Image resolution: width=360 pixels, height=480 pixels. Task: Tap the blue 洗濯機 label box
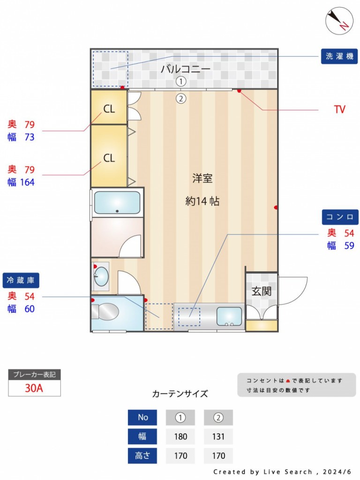pos(339,56)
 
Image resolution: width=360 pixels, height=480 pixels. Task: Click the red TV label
pos(339,109)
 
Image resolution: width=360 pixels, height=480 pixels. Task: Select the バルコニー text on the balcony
pos(186,68)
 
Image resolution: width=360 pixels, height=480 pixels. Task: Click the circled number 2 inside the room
pos(181,98)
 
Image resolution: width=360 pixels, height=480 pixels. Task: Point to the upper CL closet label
pos(109,109)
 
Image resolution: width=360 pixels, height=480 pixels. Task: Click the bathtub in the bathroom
pos(117,202)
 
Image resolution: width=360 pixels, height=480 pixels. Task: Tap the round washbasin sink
pos(102,276)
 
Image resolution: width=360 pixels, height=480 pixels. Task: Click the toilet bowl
pos(105,312)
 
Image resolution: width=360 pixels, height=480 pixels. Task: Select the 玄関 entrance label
pos(262,291)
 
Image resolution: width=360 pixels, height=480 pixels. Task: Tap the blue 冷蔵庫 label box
pos(21,280)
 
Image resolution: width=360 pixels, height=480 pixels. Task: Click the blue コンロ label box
pos(340,217)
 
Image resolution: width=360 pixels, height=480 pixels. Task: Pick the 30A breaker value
pos(34,388)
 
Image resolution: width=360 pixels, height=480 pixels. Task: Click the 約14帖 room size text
pos(202,201)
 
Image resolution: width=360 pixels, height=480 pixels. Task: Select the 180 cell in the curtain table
pos(180,436)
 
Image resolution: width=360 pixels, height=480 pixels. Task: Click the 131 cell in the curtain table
pos(218,436)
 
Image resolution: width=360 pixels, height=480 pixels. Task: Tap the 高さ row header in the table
pos(142,456)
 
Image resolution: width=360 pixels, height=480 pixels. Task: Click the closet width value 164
pos(27,182)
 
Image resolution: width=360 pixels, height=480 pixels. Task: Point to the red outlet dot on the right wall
pos(276,208)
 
